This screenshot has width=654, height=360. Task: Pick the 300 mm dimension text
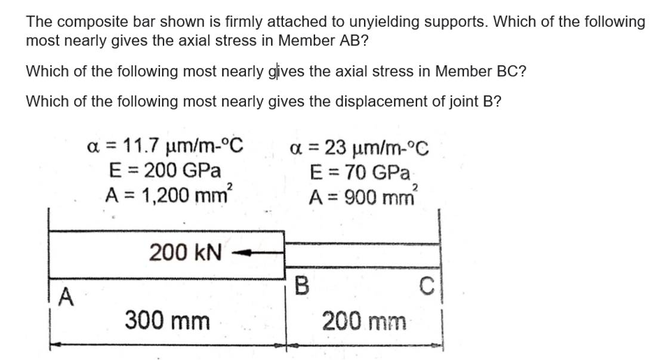(x=167, y=321)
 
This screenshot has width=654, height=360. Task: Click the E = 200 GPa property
(x=165, y=170)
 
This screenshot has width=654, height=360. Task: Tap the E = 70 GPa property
(x=361, y=173)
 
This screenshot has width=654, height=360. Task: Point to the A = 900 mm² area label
(x=362, y=195)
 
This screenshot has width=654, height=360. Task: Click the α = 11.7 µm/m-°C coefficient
(x=165, y=146)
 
